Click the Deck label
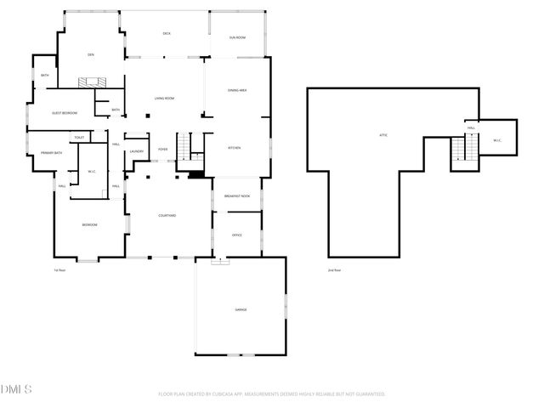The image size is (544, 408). [167, 33]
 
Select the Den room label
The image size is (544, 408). [90, 54]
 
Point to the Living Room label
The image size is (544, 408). [164, 99]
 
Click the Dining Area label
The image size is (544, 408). [237, 90]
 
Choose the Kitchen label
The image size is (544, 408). [234, 148]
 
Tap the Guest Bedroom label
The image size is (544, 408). [65, 113]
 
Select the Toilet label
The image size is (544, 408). [79, 137]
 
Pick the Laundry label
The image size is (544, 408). [136, 152]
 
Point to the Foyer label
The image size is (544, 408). [162, 149]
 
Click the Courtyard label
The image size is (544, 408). [167, 216]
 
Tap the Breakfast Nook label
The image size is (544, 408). [237, 196]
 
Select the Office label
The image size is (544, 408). [237, 235]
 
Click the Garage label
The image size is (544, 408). [241, 309]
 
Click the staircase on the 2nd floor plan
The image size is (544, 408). [460, 150]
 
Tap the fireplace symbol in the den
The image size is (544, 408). [91, 82]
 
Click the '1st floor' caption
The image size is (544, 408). [59, 270]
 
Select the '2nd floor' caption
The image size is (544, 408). [334, 270]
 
